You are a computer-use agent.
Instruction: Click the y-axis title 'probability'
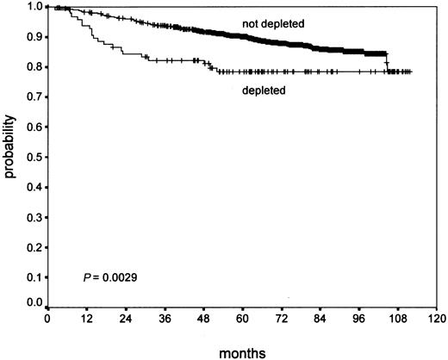point(10,155)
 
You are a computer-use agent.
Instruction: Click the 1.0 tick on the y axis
point(34,7)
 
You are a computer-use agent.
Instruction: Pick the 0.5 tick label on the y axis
point(34,156)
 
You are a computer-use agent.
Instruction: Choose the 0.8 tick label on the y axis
point(34,66)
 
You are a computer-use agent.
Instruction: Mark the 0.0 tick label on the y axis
point(34,303)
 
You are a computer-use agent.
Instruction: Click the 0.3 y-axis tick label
point(34,215)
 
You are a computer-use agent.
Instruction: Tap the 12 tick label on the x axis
point(86,317)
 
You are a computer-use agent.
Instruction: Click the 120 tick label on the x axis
point(439,317)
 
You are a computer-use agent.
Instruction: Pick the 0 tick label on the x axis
point(47,317)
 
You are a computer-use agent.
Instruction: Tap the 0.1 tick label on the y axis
point(34,275)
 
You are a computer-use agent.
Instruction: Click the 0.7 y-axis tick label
point(34,96)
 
